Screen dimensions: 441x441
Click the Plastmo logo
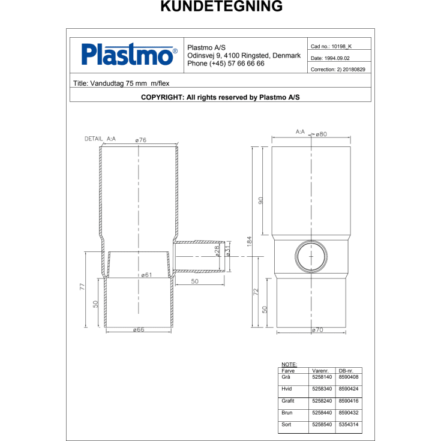coord(129,55)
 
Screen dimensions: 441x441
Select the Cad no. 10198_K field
coord(331,46)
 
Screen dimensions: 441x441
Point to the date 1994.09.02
coord(331,58)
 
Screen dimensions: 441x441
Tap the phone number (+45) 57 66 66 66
coord(226,64)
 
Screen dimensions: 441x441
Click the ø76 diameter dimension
coord(140,140)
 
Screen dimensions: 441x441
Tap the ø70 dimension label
coord(318,331)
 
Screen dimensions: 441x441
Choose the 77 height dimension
coord(82,287)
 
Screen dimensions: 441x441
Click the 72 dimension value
coord(257,293)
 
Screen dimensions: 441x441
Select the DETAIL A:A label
coord(100,139)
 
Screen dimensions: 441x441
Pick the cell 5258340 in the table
coord(322,389)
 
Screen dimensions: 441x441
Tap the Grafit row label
coord(288,401)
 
